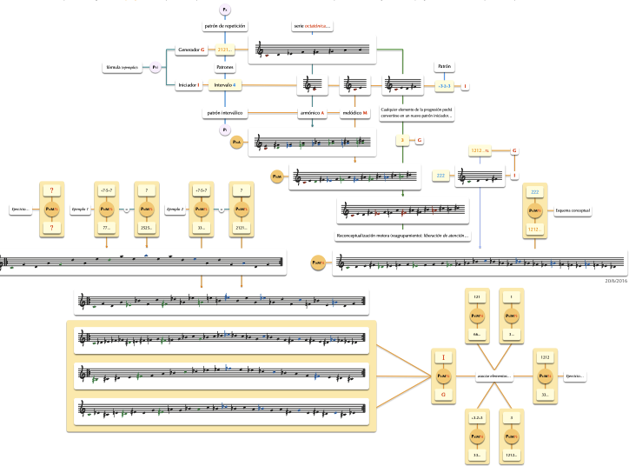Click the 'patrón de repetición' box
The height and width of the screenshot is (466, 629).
[x=225, y=26]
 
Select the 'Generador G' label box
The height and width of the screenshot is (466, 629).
[x=190, y=50]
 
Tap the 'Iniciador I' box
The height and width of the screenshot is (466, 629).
[x=189, y=85]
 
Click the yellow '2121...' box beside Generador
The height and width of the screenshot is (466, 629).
[x=226, y=50]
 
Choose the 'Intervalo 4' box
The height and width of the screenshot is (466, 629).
[x=225, y=85]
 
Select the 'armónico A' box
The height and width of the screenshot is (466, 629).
[x=312, y=113]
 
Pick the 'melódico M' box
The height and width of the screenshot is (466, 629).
[x=356, y=113]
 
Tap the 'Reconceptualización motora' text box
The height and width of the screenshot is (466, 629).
[x=395, y=235]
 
